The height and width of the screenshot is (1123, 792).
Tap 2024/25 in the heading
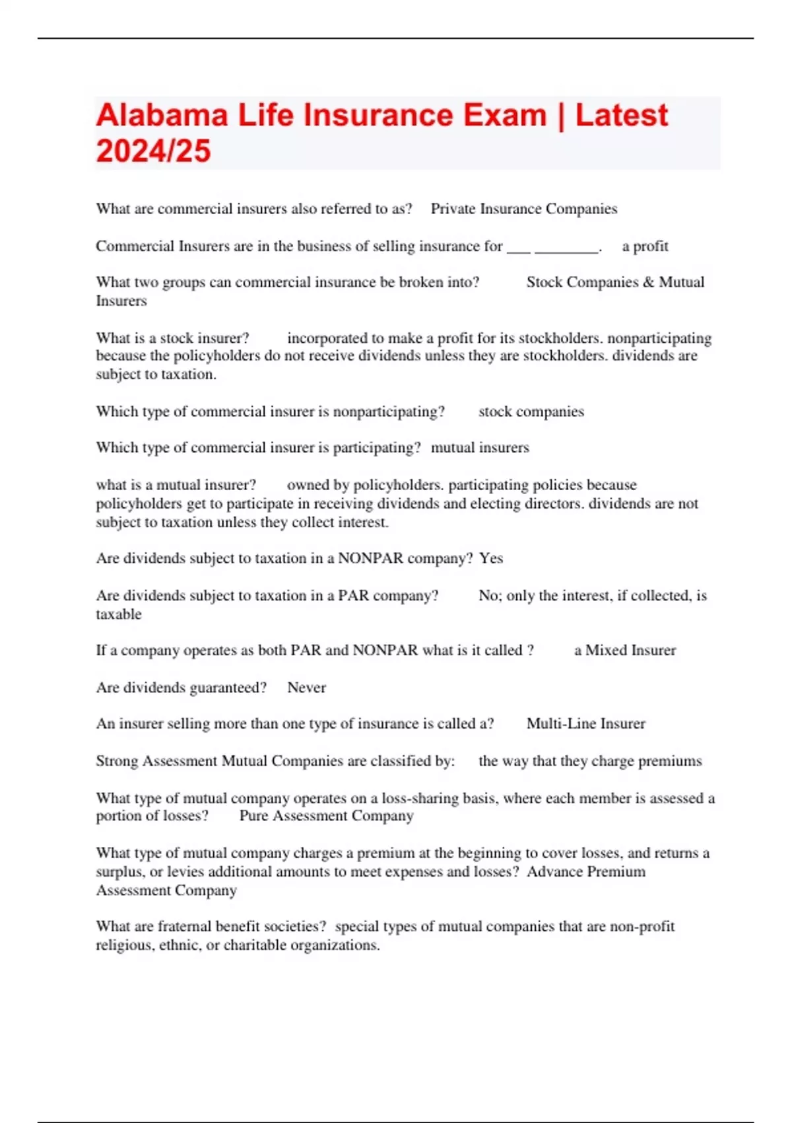pos(153,151)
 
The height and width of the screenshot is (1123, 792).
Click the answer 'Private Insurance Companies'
pos(524,209)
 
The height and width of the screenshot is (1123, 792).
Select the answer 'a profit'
pos(645,246)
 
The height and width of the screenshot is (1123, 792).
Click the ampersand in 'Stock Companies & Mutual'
pos(648,283)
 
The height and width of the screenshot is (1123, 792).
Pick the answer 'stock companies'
pos(531,412)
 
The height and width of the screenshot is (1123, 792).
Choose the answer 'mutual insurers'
pos(480,448)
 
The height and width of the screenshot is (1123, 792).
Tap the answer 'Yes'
pos(491,558)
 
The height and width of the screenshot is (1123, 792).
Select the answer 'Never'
pos(306,688)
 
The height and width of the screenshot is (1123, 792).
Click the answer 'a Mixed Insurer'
pos(624,651)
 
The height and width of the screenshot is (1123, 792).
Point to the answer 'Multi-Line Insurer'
pos(585,724)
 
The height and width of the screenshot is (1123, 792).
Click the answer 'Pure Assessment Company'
pos(326,816)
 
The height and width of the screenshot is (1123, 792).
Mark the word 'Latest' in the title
pos(621,116)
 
